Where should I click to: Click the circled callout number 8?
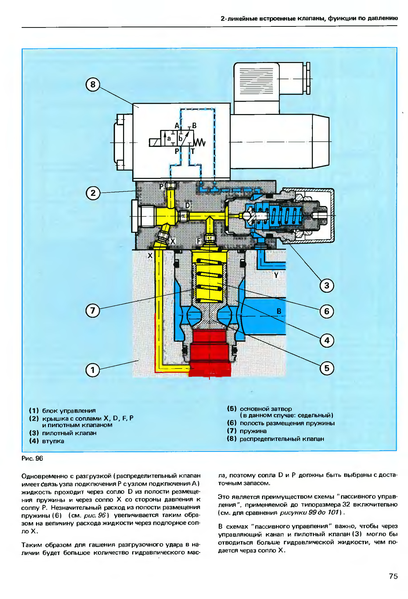(93, 85)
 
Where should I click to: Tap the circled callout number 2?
(93, 193)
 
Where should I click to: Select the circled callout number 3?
(326, 285)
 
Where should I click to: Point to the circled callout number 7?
(93, 311)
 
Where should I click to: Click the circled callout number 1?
(93, 370)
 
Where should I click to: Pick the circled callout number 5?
(327, 368)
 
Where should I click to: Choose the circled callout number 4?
(327, 340)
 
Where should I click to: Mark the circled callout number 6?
(327, 311)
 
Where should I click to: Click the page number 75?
(393, 576)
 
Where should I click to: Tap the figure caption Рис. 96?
(32, 458)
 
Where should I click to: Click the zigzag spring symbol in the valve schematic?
(200, 142)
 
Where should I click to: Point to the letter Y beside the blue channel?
(276, 275)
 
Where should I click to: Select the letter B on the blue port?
(279, 311)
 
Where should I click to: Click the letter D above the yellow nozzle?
(187, 205)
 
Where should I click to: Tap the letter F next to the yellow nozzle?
(199, 241)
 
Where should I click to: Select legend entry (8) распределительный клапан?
(275, 439)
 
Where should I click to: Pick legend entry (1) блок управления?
(62, 411)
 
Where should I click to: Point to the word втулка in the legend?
(53, 441)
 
